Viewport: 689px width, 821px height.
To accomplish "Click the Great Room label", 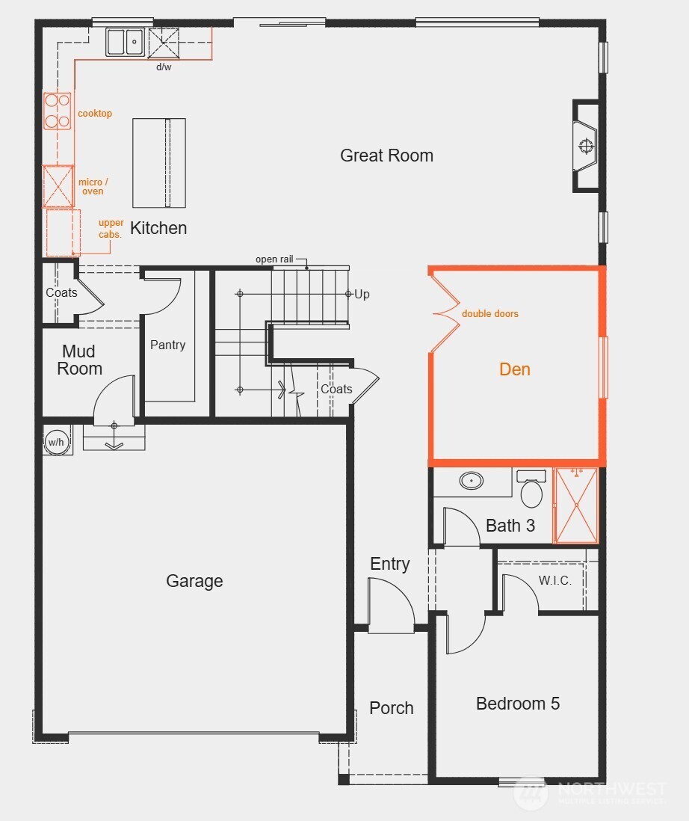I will point(386,156).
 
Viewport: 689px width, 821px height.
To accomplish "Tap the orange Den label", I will point(515,369).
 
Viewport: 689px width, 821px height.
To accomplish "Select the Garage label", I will point(194,581).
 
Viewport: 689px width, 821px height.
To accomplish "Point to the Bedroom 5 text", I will point(517,704).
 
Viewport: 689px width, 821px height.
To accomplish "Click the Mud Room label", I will point(80,360).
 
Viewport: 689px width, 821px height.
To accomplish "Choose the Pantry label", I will point(167,345).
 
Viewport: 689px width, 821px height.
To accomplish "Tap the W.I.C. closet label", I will point(555,581).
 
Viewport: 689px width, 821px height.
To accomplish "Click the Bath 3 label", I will point(510,526).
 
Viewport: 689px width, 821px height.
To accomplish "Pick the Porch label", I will point(391,708).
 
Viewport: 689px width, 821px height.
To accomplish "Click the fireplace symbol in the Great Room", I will point(585,146).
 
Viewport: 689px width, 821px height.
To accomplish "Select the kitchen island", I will point(159,162).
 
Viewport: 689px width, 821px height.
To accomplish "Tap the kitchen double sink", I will point(126,42).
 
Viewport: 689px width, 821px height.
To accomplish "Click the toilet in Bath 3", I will point(531,491).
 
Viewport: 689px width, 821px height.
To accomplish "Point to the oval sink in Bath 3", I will point(471,481).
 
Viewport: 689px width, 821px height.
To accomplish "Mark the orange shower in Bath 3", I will point(575,505).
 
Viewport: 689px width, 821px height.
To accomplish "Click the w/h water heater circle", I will point(57,441).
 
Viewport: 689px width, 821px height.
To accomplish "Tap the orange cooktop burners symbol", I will point(58,110).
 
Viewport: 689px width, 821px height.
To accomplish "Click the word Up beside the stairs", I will point(362,294).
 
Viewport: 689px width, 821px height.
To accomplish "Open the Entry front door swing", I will point(391,606).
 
